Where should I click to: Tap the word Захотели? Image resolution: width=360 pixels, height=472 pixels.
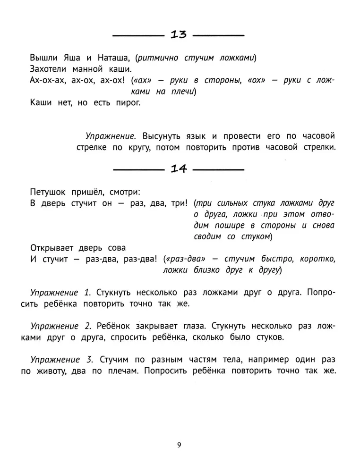point(50,69)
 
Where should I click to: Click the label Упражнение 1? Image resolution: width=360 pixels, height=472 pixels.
point(60,292)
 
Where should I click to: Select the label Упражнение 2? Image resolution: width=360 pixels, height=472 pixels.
point(60,326)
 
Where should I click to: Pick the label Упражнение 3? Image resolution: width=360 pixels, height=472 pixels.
point(60,359)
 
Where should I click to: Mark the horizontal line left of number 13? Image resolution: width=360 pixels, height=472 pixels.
point(137,35)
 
